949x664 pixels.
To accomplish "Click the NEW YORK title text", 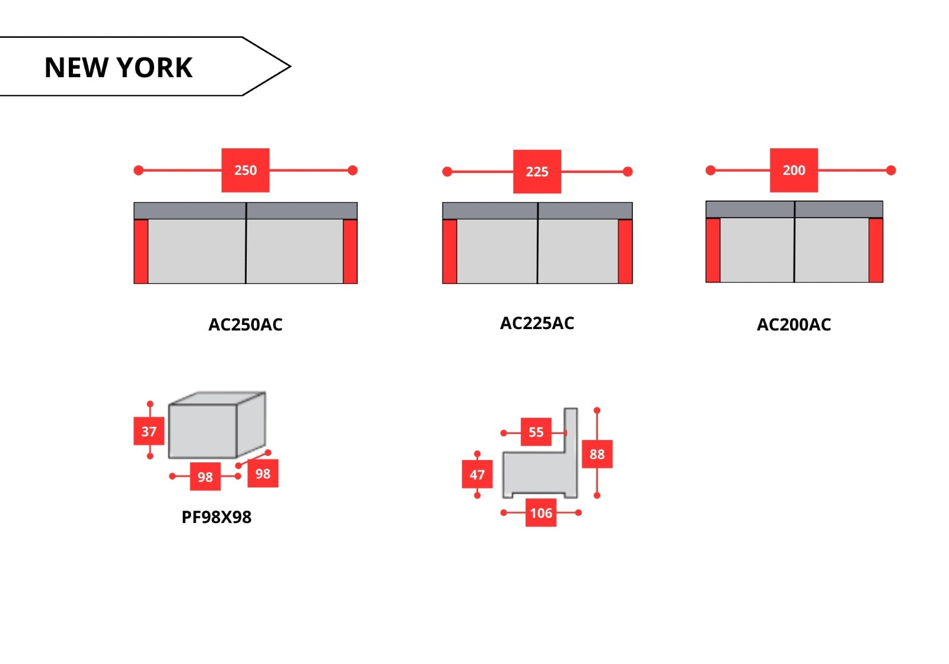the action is point(118,68).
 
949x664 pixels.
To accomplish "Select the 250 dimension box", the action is point(246,170).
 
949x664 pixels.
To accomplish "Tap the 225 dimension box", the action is point(537,171).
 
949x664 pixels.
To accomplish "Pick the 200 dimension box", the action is point(794,170).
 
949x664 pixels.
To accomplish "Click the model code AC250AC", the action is point(246,325).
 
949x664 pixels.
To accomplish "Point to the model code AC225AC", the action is point(537,323).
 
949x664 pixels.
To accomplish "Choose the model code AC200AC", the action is point(794,325).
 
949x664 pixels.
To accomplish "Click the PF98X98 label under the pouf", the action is point(216,517).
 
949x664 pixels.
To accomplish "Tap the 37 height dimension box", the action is point(149,431).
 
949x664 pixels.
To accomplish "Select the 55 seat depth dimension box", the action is point(536,432).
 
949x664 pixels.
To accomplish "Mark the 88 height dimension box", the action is point(597,454).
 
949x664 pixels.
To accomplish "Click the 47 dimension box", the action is point(477,474).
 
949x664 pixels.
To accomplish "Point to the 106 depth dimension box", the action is point(541,513).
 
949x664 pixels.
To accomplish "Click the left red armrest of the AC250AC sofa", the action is point(141,251).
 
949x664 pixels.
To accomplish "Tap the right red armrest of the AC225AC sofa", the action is point(625,251).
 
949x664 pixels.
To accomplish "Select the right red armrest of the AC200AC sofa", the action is point(875,250).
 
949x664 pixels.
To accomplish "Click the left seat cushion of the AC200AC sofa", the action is point(757,250).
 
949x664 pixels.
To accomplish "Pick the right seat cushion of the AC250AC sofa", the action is point(294,251).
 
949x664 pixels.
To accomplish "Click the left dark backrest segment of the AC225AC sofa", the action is point(490,211).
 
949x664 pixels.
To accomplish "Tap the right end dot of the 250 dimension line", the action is point(352,170).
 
